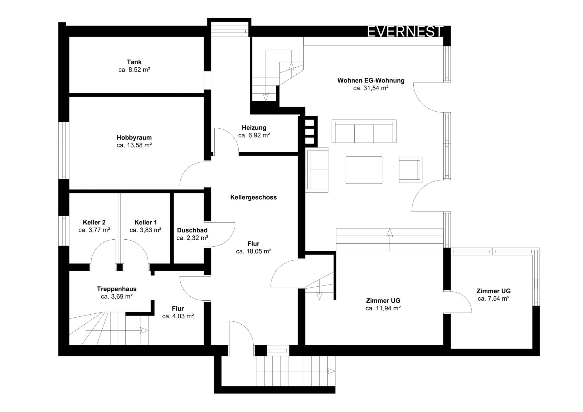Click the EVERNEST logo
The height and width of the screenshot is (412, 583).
coord(405,32)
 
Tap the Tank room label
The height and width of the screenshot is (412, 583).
coord(134,62)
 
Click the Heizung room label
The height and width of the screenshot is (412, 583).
coord(254,128)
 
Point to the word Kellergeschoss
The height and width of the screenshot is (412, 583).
coord(254,197)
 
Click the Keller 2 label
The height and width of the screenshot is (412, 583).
coord(94,222)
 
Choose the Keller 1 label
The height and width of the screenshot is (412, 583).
coord(145,222)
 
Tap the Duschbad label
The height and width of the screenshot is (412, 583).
coord(192,230)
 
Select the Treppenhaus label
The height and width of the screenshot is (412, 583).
coord(117,289)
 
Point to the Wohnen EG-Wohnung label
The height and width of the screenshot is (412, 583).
coord(371,80)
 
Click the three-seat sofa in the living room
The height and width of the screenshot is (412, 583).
coord(364,131)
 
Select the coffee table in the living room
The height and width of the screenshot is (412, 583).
coord(364,170)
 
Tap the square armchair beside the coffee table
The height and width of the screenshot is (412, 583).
coord(411,170)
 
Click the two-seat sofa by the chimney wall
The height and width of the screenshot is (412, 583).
coord(317,170)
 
